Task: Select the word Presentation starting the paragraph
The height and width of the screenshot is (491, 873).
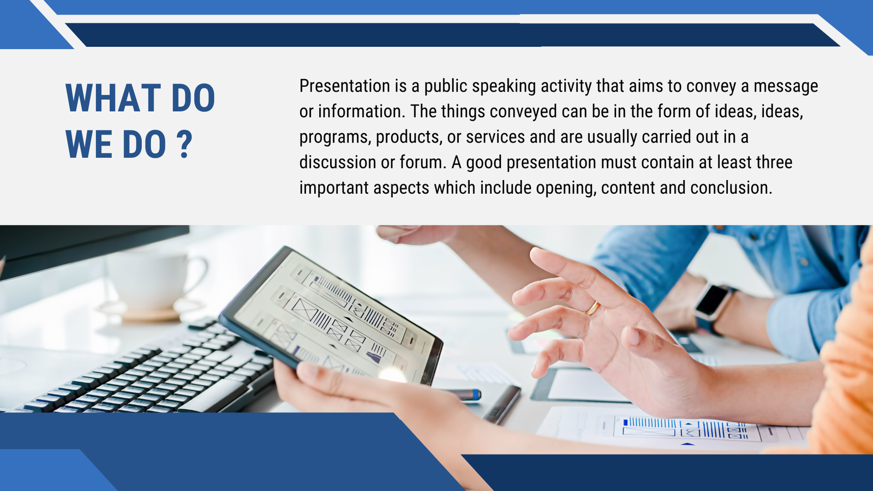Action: pos(344,87)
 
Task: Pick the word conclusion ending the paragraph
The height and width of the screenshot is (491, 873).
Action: pos(731,188)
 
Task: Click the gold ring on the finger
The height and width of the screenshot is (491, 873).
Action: pos(592,308)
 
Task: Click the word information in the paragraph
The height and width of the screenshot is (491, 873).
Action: pos(360,111)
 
